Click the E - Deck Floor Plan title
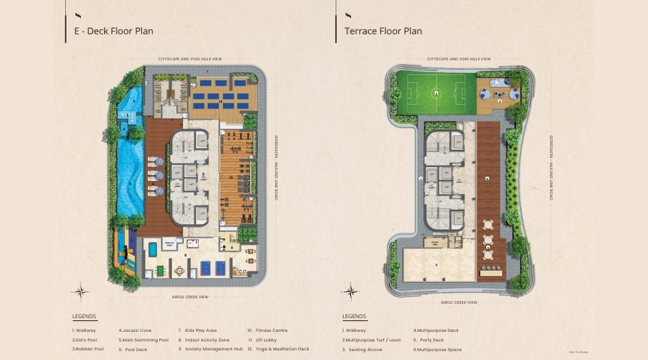(114, 31)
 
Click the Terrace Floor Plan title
(383, 31)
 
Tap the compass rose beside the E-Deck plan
(80, 292)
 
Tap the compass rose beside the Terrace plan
(350, 292)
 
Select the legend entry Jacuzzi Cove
(135, 330)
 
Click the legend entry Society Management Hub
(211, 349)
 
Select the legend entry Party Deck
(429, 339)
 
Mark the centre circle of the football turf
(436, 93)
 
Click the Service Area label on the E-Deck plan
(171, 243)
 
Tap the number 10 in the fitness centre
(231, 177)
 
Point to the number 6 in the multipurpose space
(437, 264)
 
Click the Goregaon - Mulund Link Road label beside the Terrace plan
(552, 167)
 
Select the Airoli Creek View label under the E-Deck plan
(190, 297)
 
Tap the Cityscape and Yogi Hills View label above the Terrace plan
(459, 60)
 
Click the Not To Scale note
(578, 352)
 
